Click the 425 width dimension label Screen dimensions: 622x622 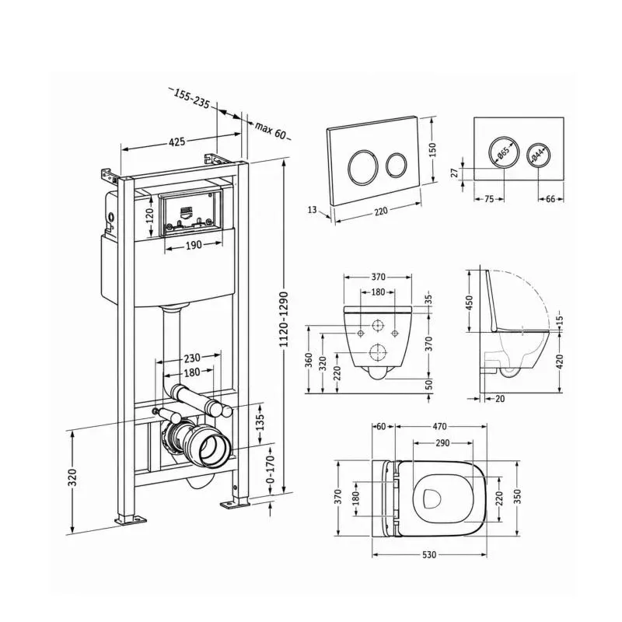click(177, 142)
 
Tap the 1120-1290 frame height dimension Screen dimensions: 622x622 click(283, 320)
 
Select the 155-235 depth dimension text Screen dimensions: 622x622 click(191, 99)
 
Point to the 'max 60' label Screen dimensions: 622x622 click(270, 130)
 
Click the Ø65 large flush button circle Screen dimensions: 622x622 click(503, 152)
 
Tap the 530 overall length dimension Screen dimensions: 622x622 click(429, 554)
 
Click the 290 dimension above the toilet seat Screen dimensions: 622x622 click(442, 442)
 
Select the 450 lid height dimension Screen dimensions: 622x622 click(470, 302)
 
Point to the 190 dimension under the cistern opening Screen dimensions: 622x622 click(194, 245)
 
